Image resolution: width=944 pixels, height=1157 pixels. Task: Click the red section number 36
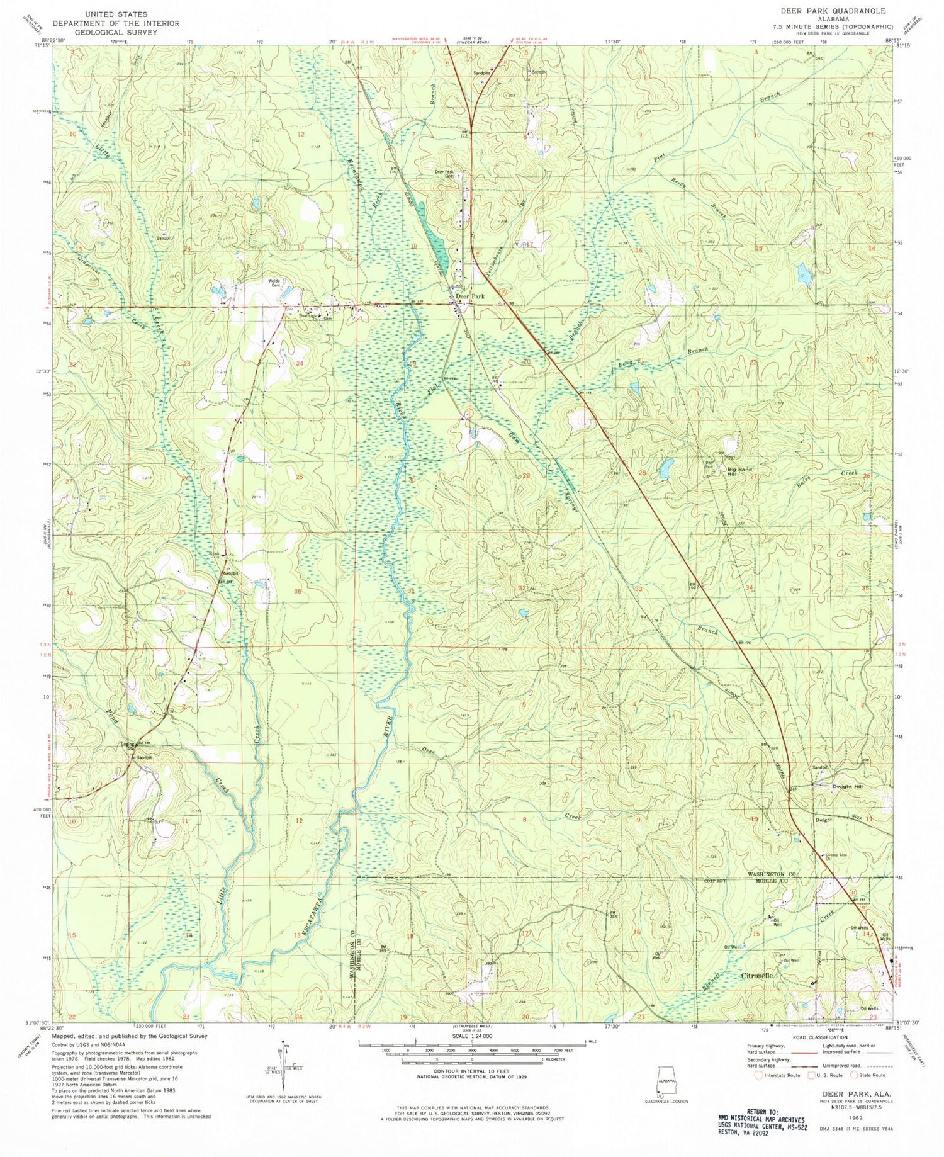(298, 592)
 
